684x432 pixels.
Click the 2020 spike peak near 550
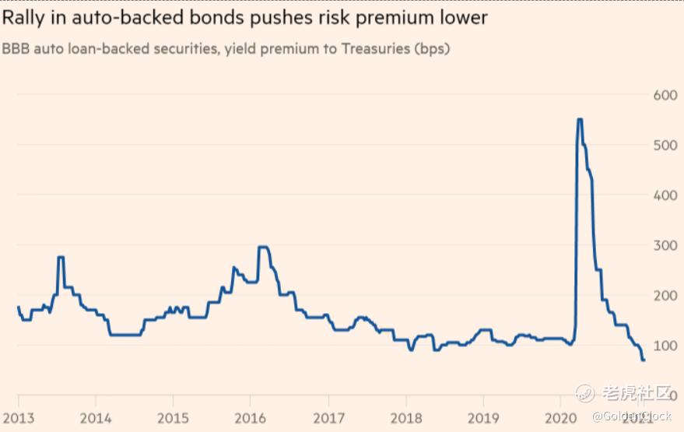point(580,119)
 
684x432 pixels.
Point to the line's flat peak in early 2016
point(263,247)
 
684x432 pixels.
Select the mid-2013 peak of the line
point(61,257)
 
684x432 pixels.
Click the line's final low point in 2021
point(644,360)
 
